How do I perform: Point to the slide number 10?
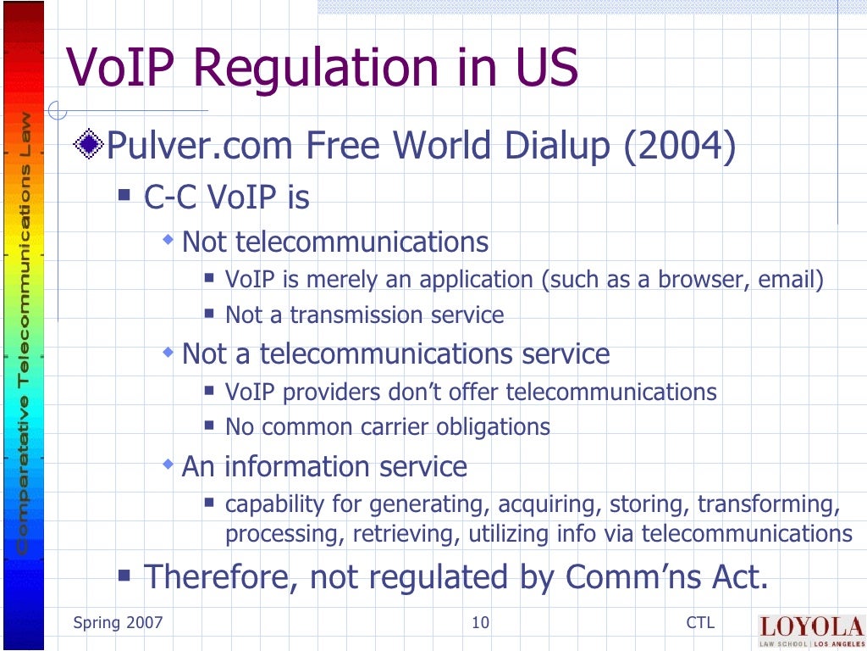(480, 623)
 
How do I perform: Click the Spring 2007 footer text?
(118, 623)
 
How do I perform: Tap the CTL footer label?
(700, 623)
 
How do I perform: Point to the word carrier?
(390, 427)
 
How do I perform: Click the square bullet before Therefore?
(124, 576)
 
